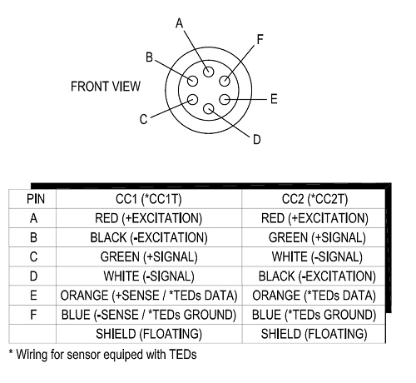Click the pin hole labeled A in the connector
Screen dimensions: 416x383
coord(208,72)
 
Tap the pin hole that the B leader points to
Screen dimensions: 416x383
coord(192,81)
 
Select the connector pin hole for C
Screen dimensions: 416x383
coord(192,99)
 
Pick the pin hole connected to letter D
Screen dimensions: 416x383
coord(208,109)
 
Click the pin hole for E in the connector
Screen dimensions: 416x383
coord(225,99)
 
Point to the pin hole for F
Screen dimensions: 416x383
coord(225,81)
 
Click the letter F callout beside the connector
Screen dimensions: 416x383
coord(260,39)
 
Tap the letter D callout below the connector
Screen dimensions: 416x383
coord(257,139)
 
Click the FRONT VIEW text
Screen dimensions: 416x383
coord(106,87)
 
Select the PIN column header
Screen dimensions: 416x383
coord(36,199)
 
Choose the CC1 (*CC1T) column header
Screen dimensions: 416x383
coord(149,199)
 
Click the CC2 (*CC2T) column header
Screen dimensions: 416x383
coord(314,199)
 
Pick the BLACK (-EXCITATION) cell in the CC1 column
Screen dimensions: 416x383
coord(149,238)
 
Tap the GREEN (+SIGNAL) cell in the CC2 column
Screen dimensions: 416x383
coord(317,238)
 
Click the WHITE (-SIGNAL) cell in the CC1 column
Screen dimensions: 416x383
coord(149,276)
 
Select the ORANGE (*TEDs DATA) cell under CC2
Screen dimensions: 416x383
coord(314,296)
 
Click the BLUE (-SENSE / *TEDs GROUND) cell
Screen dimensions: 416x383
coord(149,315)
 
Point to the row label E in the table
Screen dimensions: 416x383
coord(33,296)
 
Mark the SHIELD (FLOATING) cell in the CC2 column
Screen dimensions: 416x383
coord(314,334)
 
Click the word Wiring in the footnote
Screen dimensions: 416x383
coord(32,356)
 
